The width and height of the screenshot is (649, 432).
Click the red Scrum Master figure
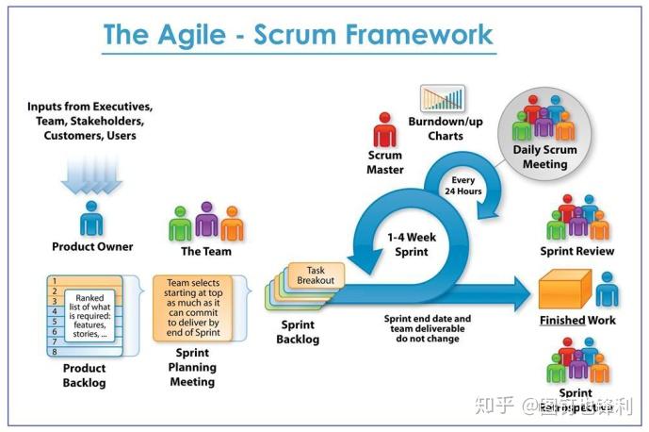click(x=384, y=129)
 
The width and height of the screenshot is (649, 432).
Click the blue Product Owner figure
click(x=91, y=217)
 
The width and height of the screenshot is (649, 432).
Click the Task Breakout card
click(x=322, y=275)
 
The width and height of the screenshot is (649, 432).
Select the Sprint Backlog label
click(x=298, y=332)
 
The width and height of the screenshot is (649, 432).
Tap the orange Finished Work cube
click(x=563, y=290)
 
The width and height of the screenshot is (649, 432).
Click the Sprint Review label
click(x=576, y=252)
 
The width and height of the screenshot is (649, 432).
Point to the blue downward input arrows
click(x=91, y=172)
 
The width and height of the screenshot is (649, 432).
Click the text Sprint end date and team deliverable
click(x=427, y=324)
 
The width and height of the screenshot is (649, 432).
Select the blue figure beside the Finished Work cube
click(x=607, y=289)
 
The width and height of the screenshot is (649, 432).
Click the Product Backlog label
click(x=84, y=375)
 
